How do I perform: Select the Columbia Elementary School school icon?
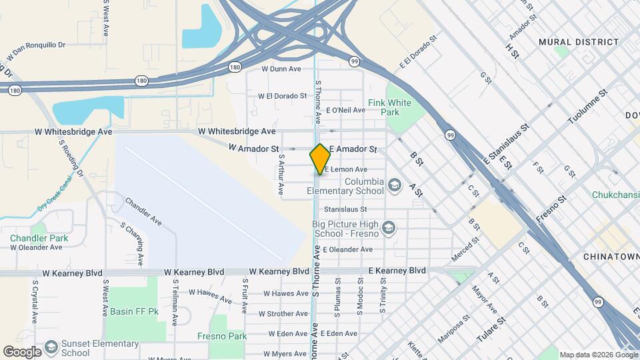(394, 183)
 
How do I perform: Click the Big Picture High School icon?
(390, 229)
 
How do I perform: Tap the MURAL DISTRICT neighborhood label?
(579, 42)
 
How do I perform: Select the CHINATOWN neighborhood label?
(611, 257)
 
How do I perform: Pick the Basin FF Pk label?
(135, 311)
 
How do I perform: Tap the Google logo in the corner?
(22, 351)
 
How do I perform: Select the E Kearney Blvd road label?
(397, 271)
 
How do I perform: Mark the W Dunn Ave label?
(281, 69)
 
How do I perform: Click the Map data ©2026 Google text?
(599, 355)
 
